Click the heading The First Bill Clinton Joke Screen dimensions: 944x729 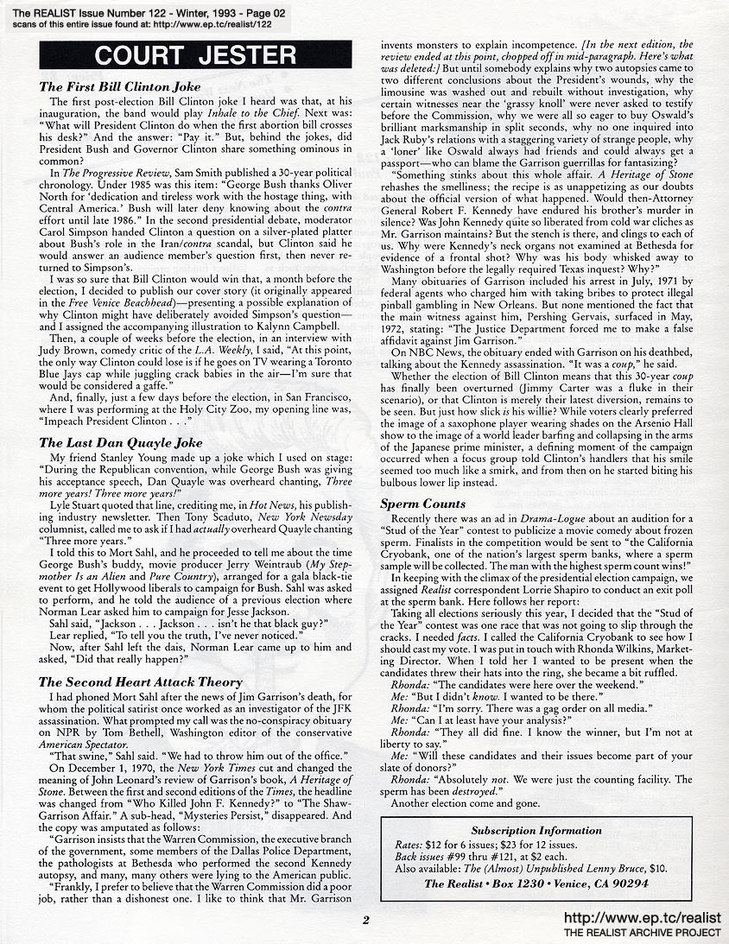tap(120, 87)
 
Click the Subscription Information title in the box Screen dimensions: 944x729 tap(536, 830)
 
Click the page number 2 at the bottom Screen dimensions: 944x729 tap(365, 920)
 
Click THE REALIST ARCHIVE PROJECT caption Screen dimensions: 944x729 tap(642, 933)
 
